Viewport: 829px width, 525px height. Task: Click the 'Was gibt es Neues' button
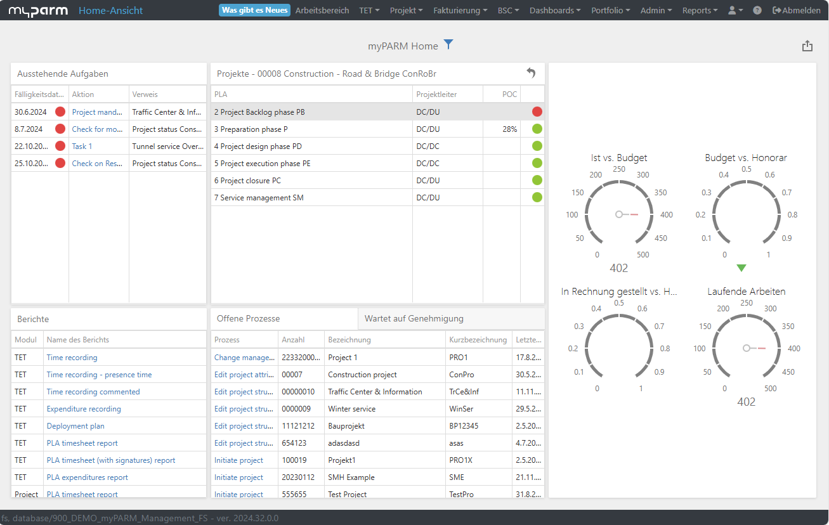point(254,10)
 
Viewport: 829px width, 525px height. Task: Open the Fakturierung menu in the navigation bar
point(460,10)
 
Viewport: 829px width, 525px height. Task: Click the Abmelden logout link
point(796,10)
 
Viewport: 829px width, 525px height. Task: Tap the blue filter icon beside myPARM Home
point(448,44)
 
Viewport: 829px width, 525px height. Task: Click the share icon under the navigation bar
point(807,46)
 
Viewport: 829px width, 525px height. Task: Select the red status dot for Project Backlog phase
point(537,112)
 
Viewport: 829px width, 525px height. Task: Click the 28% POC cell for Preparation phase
point(509,129)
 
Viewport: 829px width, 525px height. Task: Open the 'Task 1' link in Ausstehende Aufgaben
point(82,146)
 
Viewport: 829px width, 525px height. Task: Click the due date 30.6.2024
point(30,112)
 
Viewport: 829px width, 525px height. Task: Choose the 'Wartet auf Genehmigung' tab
point(414,318)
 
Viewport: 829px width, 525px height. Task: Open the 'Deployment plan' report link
point(75,426)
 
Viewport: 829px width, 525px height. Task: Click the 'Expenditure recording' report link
point(84,409)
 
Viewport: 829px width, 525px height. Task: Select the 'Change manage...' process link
point(244,358)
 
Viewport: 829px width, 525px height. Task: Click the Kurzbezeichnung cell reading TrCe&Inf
point(464,391)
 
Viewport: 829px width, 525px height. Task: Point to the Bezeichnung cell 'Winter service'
point(351,409)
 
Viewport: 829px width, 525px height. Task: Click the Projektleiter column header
point(436,94)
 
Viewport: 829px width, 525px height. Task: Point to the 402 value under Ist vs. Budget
point(619,268)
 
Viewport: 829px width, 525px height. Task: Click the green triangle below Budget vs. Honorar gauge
point(741,268)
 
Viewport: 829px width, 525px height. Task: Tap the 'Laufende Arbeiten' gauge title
point(746,292)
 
